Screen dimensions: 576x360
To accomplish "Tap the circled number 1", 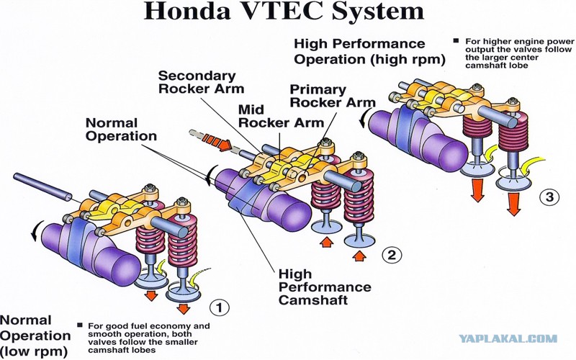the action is point(220,307).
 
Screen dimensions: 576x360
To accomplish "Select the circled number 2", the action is point(392,255).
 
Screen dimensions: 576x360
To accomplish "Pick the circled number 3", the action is point(549,197).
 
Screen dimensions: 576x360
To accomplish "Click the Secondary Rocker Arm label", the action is point(201,82).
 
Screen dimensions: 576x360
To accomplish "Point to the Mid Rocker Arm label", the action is point(281,116).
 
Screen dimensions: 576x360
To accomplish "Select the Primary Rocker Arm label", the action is point(333,96).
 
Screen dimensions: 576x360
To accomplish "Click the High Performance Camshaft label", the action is point(325,287).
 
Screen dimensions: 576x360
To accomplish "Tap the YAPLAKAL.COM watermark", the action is point(508,338).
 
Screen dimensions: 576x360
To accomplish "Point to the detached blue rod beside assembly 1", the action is point(42,187).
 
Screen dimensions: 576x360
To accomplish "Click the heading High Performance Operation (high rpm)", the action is point(369,51).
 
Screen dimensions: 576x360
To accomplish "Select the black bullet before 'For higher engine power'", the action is point(456,41).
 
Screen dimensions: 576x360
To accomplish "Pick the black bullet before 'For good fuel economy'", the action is point(80,325).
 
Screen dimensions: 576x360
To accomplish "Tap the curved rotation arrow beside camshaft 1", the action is point(37,231).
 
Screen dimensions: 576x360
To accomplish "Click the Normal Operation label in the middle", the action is point(121,130).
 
